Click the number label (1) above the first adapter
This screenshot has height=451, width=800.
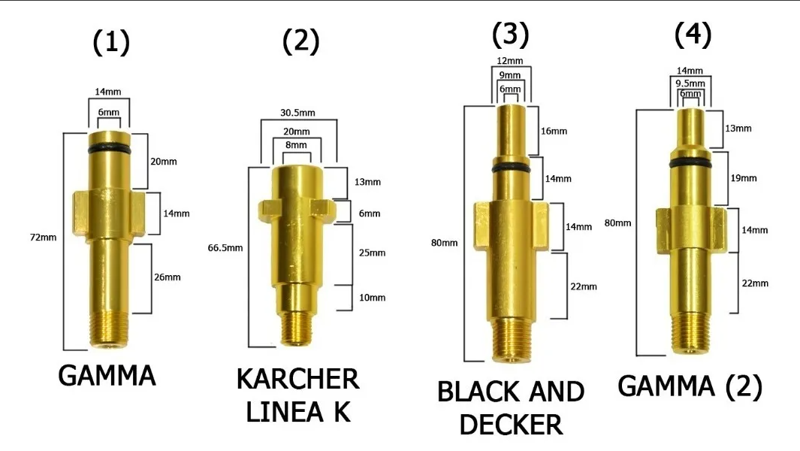110,44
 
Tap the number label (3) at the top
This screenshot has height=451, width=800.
510,35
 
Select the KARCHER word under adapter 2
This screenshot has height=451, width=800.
298,379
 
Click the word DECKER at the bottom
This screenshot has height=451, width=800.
511,425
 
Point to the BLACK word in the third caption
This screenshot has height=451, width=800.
478,392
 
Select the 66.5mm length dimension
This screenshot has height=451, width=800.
226,247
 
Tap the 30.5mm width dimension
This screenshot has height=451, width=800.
297,113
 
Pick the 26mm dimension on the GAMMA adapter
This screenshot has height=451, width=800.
167,277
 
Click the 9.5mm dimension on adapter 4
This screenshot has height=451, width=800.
690,83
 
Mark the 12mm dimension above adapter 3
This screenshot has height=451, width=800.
510,60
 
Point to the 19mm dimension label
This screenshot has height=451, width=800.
744,178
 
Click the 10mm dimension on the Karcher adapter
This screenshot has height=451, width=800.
372,298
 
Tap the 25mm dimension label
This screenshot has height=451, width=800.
372,253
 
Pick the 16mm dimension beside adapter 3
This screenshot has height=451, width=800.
554,132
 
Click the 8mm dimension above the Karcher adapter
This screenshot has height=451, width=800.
296,144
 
